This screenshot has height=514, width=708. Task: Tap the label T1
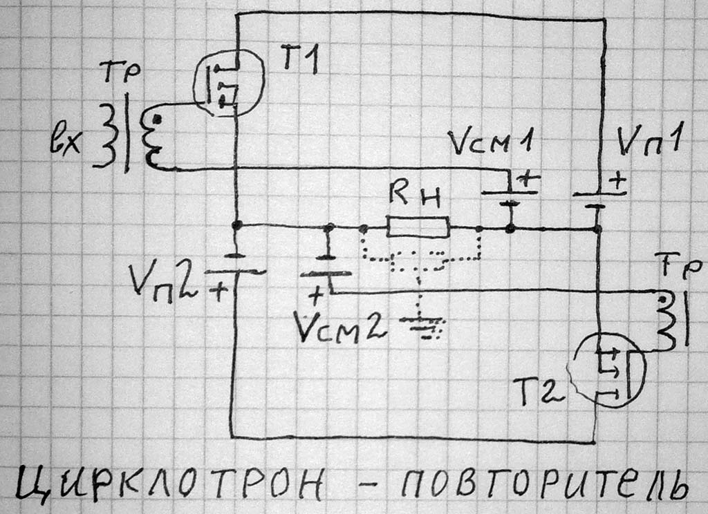299,62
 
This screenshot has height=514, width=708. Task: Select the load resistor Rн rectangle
418,227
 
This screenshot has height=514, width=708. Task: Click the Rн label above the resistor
418,196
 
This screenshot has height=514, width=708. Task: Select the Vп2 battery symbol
236,265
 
